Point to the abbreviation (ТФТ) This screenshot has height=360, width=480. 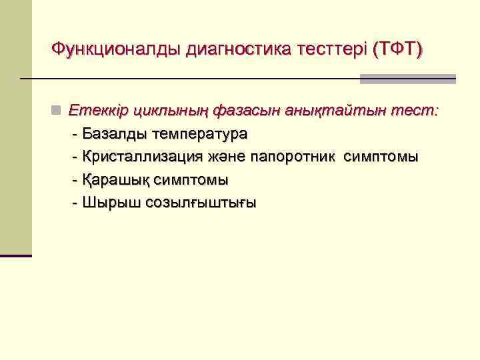click(x=398, y=49)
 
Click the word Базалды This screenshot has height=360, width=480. click(x=115, y=134)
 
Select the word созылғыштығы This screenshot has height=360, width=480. click(x=194, y=203)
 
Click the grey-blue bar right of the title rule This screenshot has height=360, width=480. click(x=408, y=79)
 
